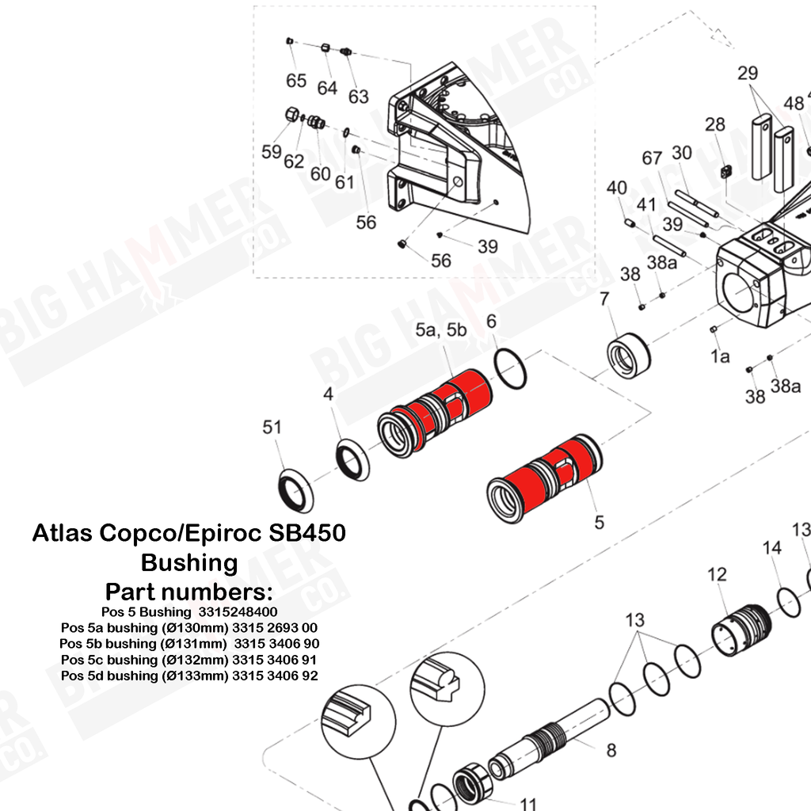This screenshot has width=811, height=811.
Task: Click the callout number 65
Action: click(296, 81)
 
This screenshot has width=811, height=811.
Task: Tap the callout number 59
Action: click(272, 152)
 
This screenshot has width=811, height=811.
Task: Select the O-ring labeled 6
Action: click(510, 369)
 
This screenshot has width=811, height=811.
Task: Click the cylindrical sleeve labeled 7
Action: click(628, 356)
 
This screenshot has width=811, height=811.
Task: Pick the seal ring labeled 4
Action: click(352, 459)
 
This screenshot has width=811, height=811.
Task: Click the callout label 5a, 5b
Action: click(440, 330)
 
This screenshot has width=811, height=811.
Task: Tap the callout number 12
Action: click(717, 575)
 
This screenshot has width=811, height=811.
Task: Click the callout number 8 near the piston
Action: click(611, 750)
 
